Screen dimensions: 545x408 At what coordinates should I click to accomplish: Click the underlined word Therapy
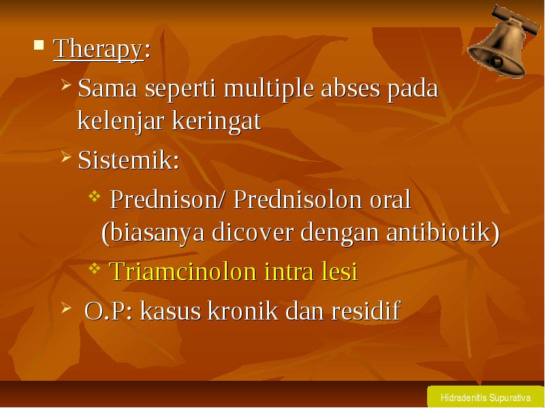[x=98, y=49]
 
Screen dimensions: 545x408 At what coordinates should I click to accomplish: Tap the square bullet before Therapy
[x=39, y=45]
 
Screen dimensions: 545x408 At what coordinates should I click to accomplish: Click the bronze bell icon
[x=503, y=41]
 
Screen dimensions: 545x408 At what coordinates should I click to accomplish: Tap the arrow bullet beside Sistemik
[x=66, y=156]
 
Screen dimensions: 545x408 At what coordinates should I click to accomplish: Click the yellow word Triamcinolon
[x=183, y=271]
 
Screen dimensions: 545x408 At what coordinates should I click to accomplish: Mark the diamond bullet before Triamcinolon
[x=95, y=268]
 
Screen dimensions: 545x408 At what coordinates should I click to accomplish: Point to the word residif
[x=366, y=310]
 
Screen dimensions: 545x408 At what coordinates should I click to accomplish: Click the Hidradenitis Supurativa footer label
[x=485, y=398]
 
